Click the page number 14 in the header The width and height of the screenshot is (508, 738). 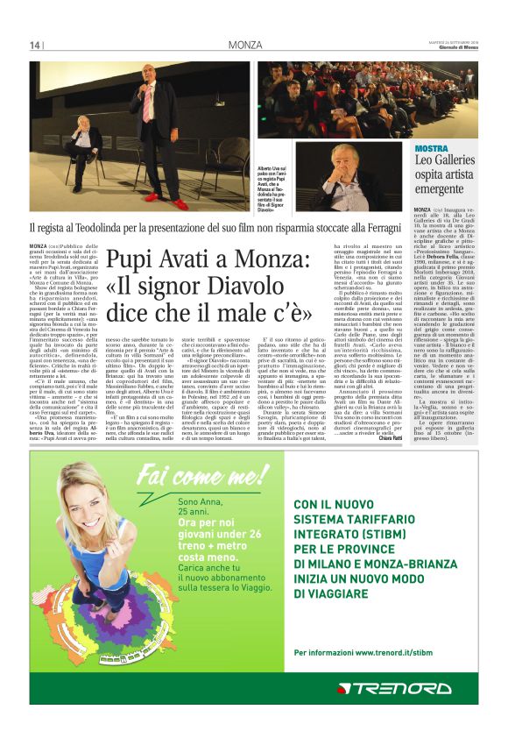(35, 46)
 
